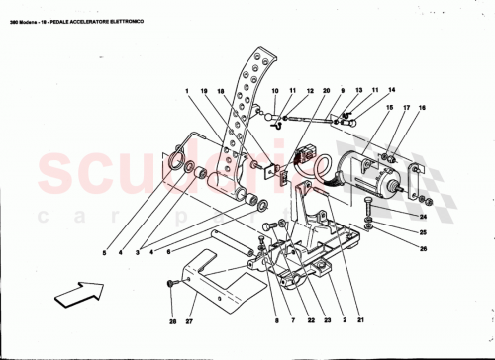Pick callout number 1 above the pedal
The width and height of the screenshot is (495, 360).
184,91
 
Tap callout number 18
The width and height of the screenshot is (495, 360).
223,91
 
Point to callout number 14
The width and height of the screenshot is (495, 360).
376,90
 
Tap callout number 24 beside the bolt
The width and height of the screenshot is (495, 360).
423,215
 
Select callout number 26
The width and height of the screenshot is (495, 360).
423,247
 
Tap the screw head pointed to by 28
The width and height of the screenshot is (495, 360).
171,283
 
